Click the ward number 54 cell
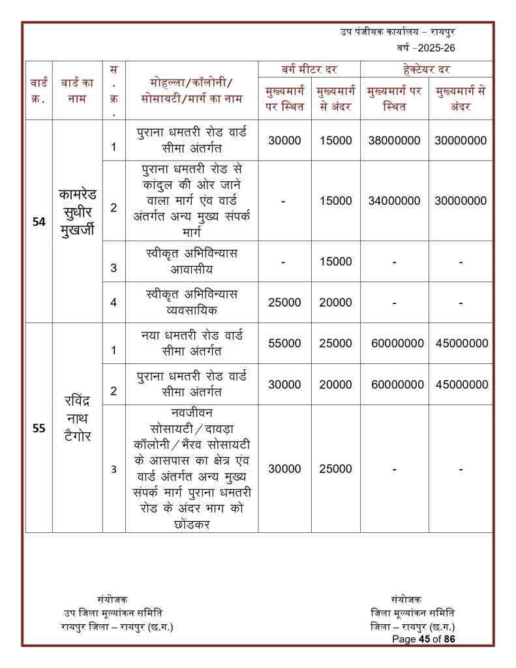pyautogui.click(x=38, y=222)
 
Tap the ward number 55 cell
pyautogui.click(x=38, y=429)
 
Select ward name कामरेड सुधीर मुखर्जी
pyautogui.click(x=78, y=212)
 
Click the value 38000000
pyautogui.click(x=394, y=140)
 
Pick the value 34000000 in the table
pyautogui.click(x=394, y=201)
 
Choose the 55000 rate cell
pyautogui.click(x=284, y=343)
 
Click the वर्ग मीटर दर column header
pyautogui.click(x=309, y=69)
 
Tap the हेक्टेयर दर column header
pyautogui.click(x=427, y=69)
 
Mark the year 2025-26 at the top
pyautogui.click(x=431, y=48)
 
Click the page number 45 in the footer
pyautogui.click(x=427, y=639)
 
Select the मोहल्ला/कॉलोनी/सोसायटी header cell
pyautogui.click(x=191, y=91)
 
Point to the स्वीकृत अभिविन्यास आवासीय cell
pyautogui.click(x=191, y=261)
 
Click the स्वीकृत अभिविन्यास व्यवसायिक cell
pyautogui.click(x=191, y=302)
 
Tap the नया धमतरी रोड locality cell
pyautogui.click(x=191, y=343)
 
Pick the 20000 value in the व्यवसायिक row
pyautogui.click(x=335, y=303)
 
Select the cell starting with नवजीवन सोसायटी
pyautogui.click(x=191, y=468)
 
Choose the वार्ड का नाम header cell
pyautogui.click(x=78, y=91)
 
